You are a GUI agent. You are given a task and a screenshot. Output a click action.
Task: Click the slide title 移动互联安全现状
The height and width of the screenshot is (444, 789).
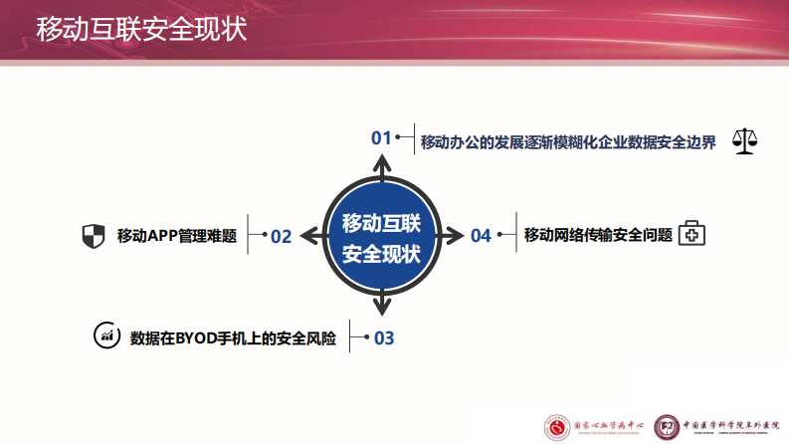[141, 30]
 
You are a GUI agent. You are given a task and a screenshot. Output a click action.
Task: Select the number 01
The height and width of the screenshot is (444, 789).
[381, 138]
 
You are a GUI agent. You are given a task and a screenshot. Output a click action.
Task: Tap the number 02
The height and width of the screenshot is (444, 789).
[281, 236]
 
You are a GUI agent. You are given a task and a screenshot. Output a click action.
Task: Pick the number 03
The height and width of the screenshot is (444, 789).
[383, 338]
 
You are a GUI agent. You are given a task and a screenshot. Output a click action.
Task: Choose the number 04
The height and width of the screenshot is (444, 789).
[481, 236]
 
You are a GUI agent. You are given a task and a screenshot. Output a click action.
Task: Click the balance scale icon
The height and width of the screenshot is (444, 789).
[744, 140]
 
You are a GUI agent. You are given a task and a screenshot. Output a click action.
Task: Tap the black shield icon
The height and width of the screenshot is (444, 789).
[93, 236]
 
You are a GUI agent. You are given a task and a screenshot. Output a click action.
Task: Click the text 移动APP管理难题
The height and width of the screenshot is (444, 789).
[176, 236]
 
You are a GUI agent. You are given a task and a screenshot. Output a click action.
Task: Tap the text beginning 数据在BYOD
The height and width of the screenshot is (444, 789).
[233, 338]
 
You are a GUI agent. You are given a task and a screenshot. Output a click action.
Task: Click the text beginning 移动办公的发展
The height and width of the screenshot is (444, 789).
[568, 141]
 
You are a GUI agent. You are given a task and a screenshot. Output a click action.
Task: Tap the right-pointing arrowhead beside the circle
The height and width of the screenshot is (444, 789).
[455, 236]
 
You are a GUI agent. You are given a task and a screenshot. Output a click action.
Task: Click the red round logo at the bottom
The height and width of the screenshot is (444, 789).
[557, 425]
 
